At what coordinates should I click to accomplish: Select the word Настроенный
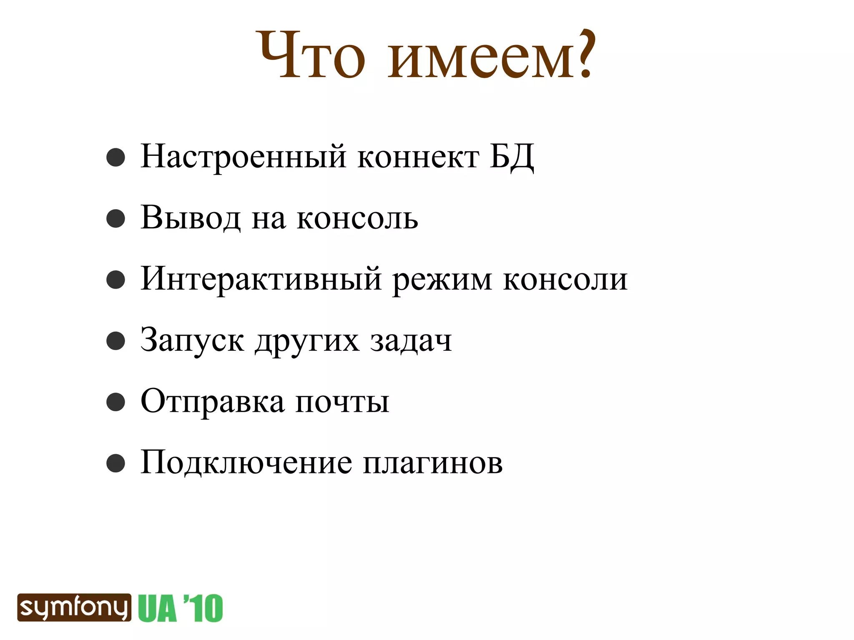click(x=244, y=157)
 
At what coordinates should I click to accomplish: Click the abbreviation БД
click(x=511, y=157)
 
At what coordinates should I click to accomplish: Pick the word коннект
click(x=418, y=157)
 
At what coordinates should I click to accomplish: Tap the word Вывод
click(x=191, y=218)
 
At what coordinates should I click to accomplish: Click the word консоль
click(x=357, y=218)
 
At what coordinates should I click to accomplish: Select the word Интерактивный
click(x=261, y=279)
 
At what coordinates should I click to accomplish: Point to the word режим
click(x=442, y=280)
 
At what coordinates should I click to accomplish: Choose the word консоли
click(x=565, y=279)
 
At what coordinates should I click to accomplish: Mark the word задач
click(x=411, y=340)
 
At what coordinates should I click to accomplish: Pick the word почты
click(x=342, y=402)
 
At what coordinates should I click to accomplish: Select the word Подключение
click(x=246, y=463)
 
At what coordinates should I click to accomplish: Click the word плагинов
click(x=433, y=463)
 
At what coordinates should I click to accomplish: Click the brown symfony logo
click(x=74, y=607)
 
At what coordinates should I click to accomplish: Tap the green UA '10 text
click(x=181, y=608)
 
